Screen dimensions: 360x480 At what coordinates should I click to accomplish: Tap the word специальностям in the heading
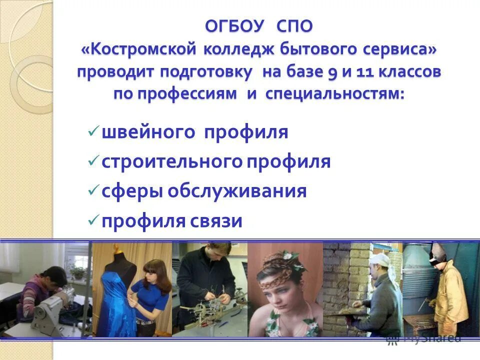tap(336, 94)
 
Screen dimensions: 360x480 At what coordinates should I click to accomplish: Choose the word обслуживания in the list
tap(237, 191)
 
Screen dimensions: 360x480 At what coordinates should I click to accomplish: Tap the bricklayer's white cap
tap(380, 259)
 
